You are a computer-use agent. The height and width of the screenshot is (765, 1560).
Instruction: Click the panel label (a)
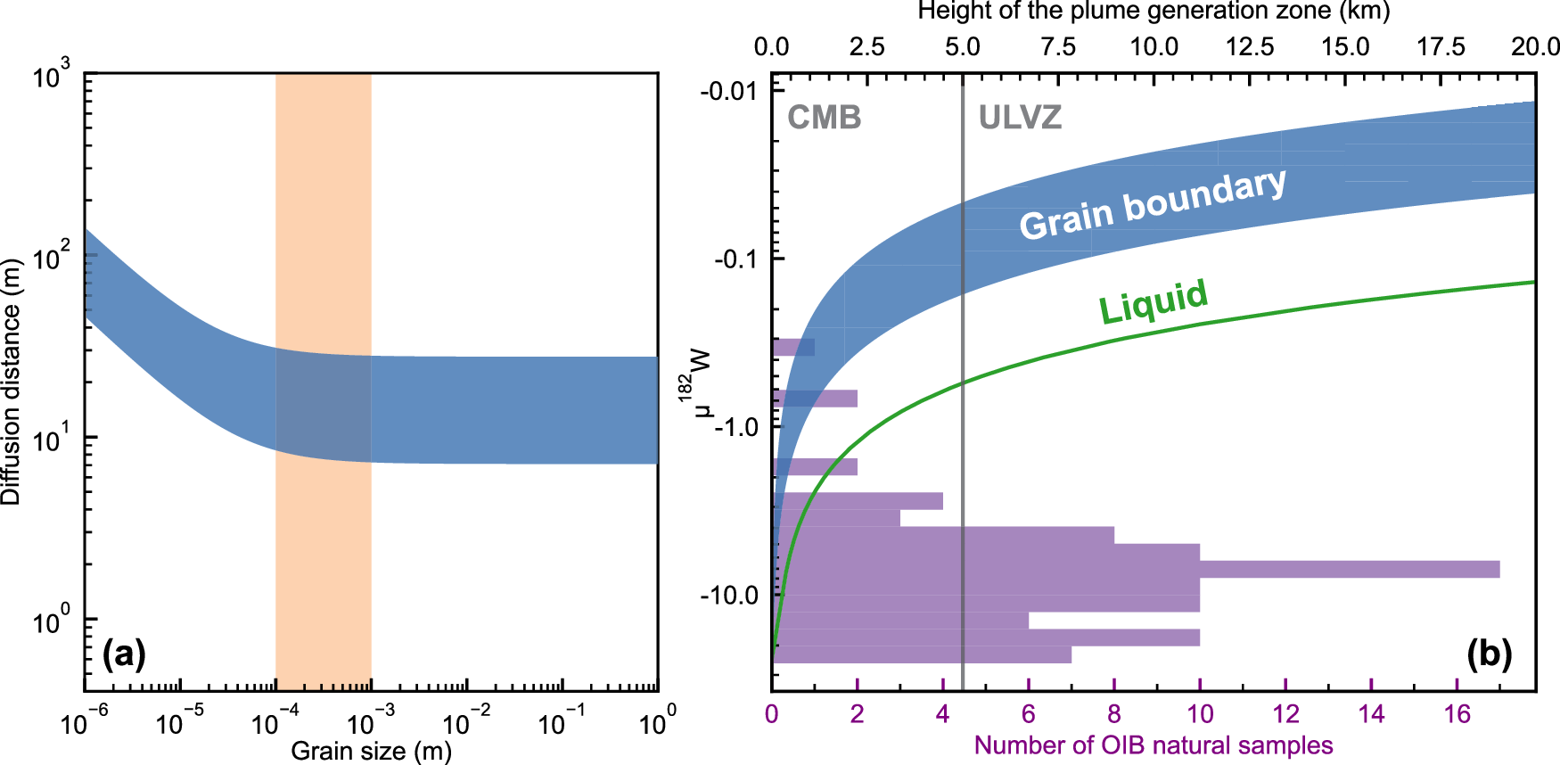click(124, 654)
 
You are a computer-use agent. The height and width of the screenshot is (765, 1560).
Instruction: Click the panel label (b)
click(1489, 654)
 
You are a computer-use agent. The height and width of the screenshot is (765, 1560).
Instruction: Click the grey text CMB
click(824, 118)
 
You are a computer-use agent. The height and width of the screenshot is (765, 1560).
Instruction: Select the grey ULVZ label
click(1020, 118)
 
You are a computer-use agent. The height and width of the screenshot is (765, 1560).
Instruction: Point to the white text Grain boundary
click(1152, 205)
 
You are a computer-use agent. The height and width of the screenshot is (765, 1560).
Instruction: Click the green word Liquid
click(1154, 301)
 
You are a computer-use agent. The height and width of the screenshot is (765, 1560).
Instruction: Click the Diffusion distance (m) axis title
click(11, 382)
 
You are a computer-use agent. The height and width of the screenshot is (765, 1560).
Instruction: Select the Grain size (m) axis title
click(371, 751)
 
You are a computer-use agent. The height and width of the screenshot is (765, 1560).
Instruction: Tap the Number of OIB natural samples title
click(1153, 745)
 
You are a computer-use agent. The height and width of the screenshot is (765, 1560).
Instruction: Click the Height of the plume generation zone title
click(1153, 11)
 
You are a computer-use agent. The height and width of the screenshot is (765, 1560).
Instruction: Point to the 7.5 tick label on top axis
click(1057, 46)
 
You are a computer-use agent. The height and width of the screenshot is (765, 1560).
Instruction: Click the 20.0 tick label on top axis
click(1534, 46)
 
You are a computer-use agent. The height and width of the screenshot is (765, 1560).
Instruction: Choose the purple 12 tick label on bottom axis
click(1285, 713)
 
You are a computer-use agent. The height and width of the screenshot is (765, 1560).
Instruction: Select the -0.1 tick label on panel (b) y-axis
click(737, 259)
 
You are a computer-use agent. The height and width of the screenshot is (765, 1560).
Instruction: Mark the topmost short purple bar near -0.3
click(792, 347)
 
